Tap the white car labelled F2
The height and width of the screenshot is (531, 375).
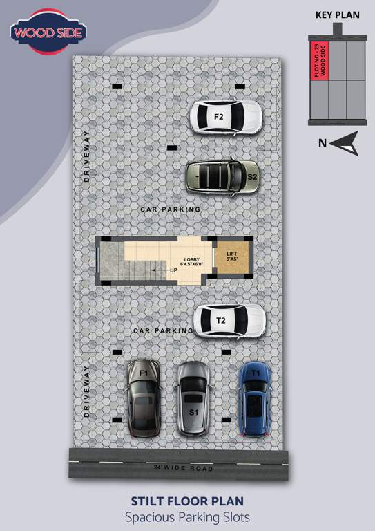[x=226, y=117]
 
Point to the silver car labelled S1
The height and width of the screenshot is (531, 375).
[x=193, y=399]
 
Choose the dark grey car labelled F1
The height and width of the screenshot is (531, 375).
[x=144, y=398]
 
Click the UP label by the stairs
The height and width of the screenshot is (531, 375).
[x=174, y=270]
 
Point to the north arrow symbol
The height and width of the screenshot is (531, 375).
[x=346, y=142]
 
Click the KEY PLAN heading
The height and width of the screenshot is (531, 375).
[x=338, y=15]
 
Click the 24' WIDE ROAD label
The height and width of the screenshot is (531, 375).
[x=184, y=469]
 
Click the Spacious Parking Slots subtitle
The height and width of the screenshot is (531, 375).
[x=188, y=516]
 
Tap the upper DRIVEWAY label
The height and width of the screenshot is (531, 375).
[x=86, y=156]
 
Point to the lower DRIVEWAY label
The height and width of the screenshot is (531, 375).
[x=86, y=391]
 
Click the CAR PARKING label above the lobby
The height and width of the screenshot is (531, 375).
[x=170, y=209]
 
